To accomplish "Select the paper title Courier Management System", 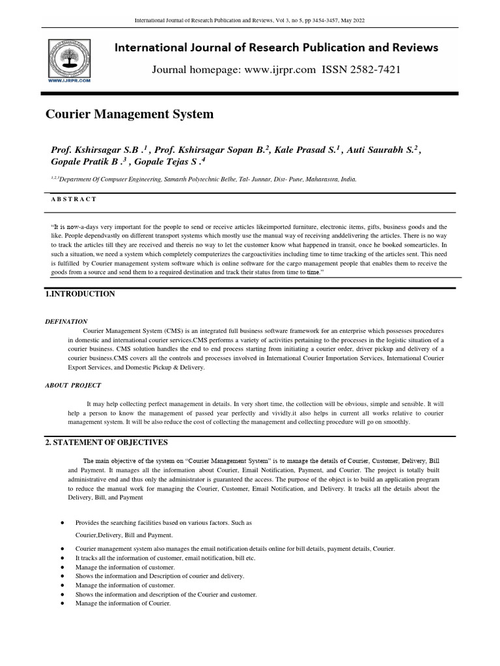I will tap(129, 114).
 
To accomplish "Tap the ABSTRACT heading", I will tap(74, 199).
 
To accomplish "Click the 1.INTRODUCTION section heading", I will tap(80, 294).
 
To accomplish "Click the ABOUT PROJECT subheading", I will tap(73, 385).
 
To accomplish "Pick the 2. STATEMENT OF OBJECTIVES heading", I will tap(106, 442).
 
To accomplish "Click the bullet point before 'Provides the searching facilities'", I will tap(61, 523).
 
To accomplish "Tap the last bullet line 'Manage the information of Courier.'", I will tap(123, 604).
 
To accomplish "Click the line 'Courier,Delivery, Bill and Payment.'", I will tap(124, 535).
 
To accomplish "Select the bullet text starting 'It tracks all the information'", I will tap(165, 558).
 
